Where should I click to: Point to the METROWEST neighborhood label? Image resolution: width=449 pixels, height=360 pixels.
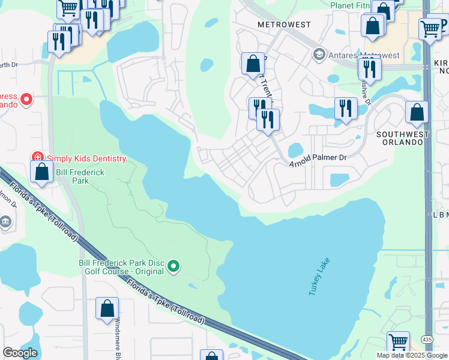[x=284, y=25]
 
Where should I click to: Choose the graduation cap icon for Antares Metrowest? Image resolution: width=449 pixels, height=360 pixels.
[x=319, y=56]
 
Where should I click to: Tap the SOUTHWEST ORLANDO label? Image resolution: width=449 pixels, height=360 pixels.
[x=403, y=134]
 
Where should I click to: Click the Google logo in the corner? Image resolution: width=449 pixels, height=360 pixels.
[x=20, y=352]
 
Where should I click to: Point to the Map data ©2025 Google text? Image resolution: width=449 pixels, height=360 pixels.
[x=412, y=355]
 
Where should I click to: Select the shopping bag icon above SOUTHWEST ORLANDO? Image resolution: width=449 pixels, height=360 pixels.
[x=417, y=112]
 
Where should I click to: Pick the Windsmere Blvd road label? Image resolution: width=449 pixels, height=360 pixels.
[x=118, y=338]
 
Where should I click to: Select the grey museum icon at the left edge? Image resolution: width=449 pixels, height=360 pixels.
[x=5, y=223]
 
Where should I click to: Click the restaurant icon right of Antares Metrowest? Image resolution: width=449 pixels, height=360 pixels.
[x=370, y=68]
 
